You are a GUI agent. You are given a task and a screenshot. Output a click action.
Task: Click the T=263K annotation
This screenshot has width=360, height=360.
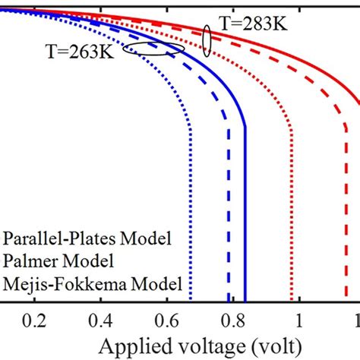84,54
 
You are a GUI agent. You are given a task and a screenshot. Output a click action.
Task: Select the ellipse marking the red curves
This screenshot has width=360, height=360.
207,41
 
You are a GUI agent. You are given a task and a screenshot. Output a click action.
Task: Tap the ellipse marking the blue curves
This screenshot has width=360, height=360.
154,49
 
